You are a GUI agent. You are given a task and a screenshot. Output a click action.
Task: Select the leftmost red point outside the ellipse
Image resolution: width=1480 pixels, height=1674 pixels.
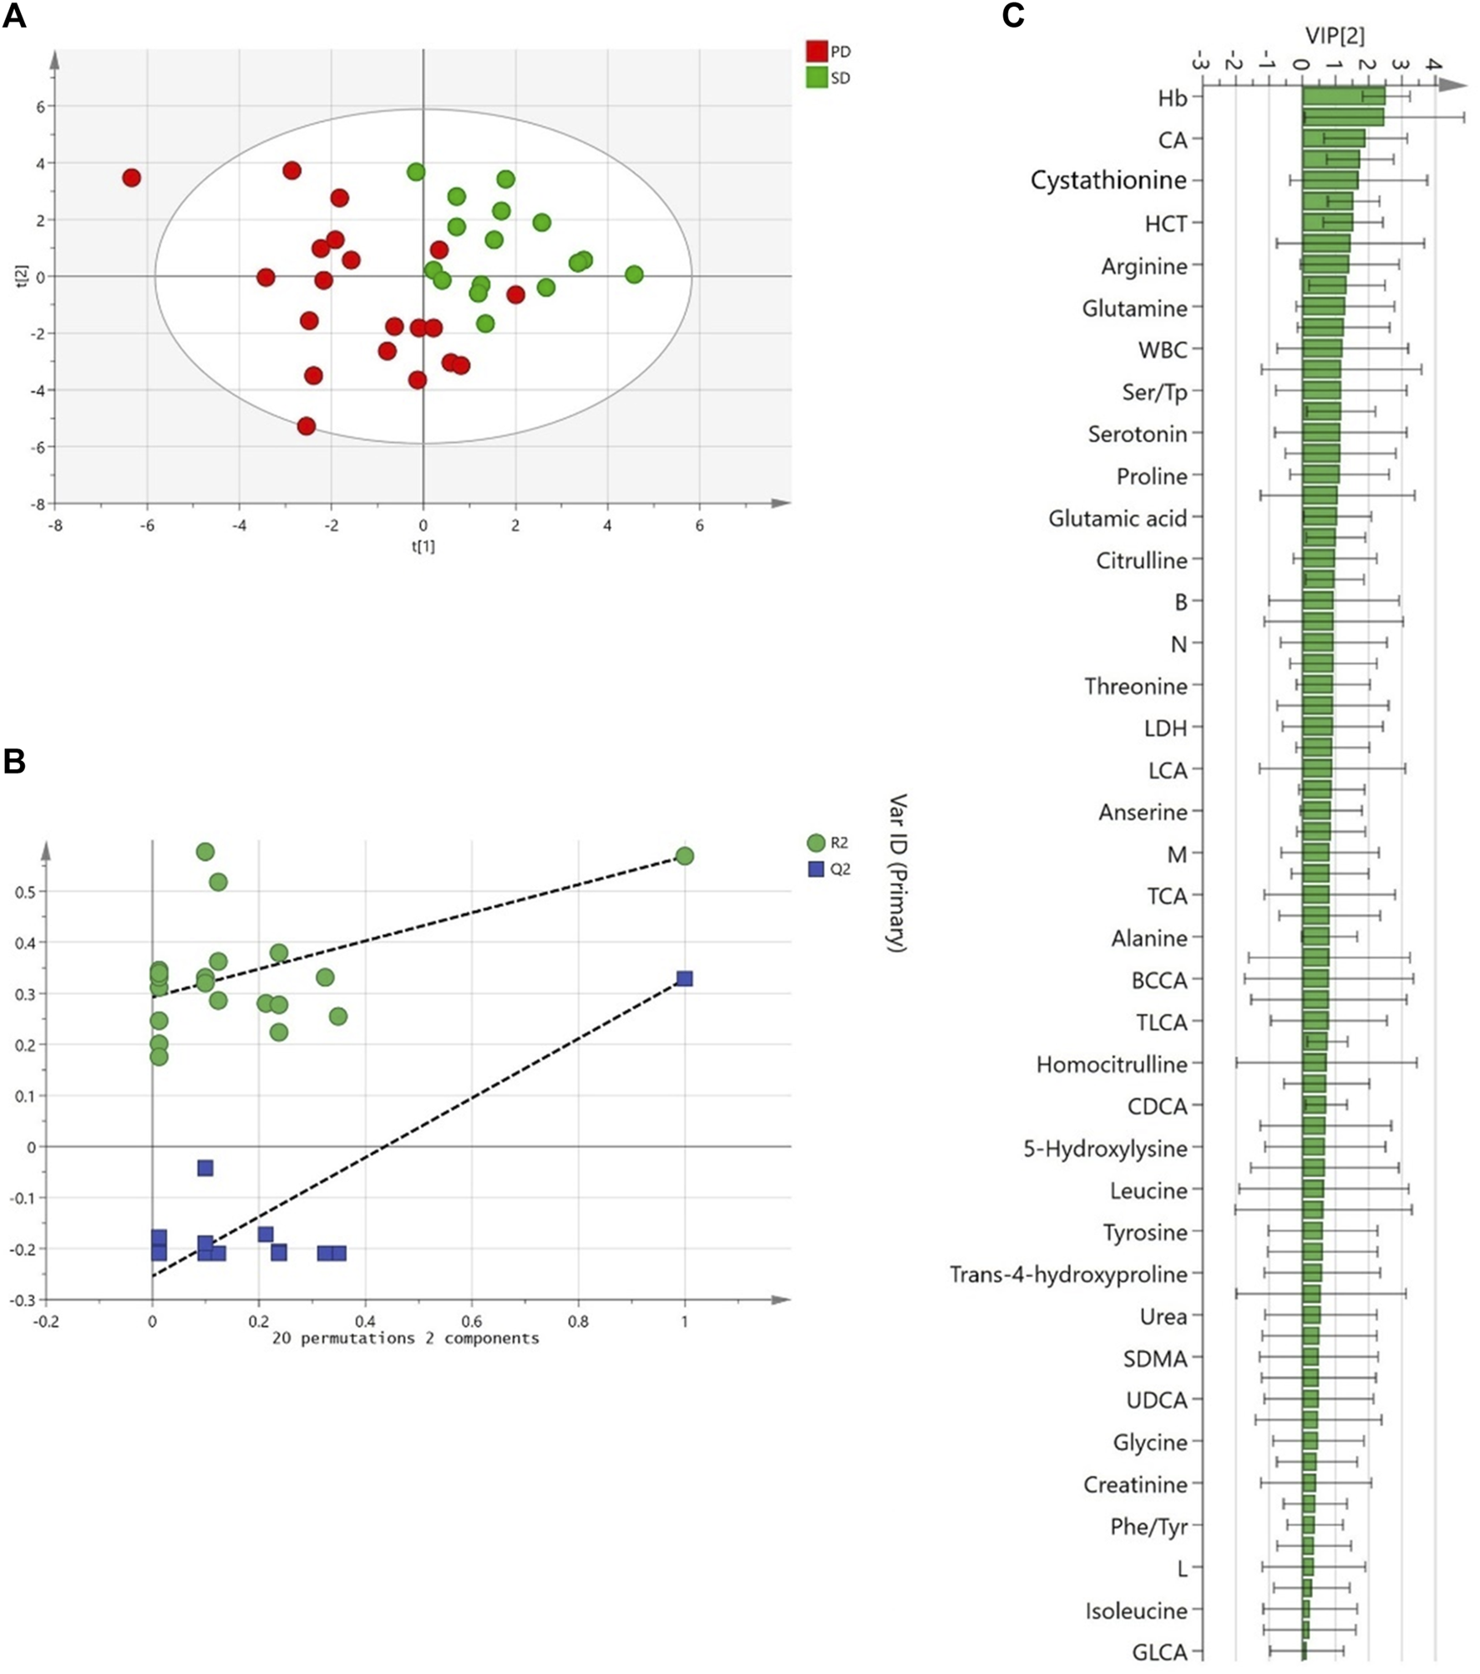point(131,178)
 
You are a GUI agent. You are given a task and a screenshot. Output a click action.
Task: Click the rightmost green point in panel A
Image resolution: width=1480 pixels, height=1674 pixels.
point(634,275)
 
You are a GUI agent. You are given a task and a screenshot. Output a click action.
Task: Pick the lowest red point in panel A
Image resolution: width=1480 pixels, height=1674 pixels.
point(307,426)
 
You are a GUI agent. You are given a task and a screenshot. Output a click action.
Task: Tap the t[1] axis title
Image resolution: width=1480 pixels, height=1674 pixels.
point(423,546)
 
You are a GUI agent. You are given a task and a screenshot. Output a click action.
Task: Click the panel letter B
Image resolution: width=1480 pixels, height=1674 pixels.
point(14,762)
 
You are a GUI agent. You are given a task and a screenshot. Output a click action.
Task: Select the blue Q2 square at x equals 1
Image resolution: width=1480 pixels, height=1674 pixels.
point(685,978)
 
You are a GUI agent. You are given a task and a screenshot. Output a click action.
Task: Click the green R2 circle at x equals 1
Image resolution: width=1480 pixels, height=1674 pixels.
point(685,856)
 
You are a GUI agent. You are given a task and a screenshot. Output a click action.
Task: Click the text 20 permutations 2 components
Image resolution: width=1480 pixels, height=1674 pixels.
point(406,1338)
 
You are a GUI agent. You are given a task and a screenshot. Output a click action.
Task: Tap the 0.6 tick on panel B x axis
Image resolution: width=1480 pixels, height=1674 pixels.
point(472,1321)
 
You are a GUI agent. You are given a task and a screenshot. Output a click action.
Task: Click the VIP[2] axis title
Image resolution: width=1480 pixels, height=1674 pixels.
point(1335,35)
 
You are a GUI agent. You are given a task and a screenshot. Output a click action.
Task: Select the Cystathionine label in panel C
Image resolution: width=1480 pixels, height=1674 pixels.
point(1108,180)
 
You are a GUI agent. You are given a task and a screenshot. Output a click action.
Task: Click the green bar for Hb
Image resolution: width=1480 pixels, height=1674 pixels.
point(1343,97)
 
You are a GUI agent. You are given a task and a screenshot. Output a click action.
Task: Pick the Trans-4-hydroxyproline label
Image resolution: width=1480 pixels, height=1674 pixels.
point(1068,1275)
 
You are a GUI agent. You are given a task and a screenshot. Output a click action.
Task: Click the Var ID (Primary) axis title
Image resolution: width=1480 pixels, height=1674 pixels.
point(897,873)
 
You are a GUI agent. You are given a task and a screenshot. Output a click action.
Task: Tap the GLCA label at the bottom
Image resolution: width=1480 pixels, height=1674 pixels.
point(1159,1652)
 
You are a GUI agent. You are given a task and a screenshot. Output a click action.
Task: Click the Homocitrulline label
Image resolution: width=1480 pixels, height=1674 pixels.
point(1112,1065)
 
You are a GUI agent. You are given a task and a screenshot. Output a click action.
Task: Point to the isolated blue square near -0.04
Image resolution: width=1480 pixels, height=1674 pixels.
point(205,1168)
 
